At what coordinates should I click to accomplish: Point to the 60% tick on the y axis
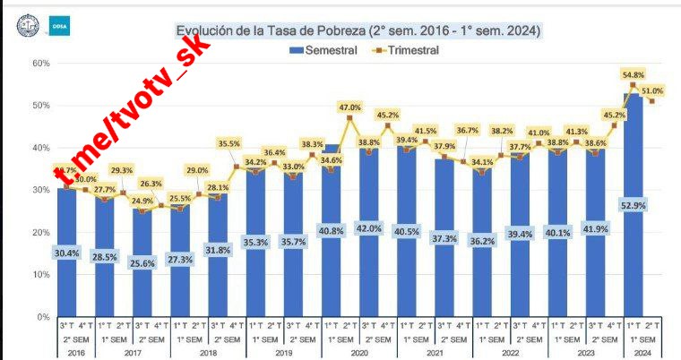[x=39, y=64]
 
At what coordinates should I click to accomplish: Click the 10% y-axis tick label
[x=39, y=275]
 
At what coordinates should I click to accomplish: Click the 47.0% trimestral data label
[x=349, y=107]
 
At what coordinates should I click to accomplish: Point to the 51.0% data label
[x=653, y=91]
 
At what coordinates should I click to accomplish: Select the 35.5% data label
[x=228, y=143]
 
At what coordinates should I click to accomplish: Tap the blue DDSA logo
[x=61, y=28]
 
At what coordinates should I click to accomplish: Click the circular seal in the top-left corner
[x=28, y=26]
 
